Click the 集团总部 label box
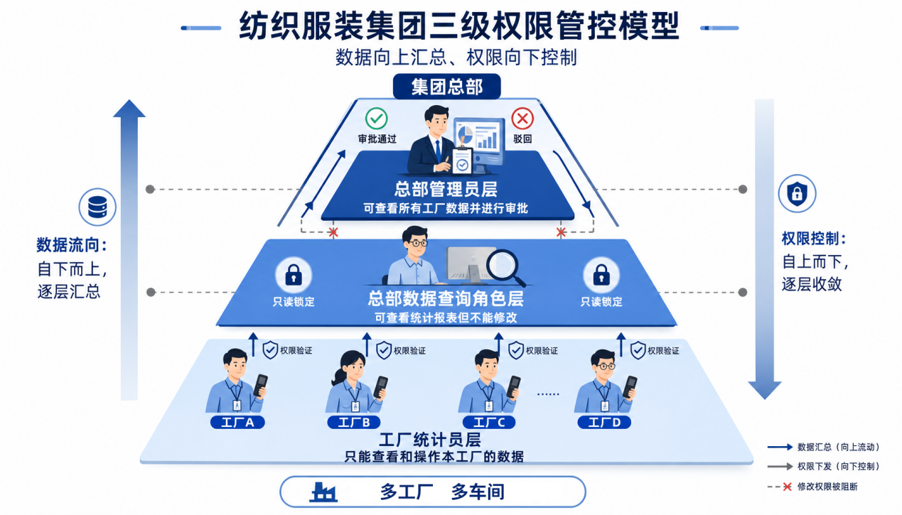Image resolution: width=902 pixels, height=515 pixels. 446,87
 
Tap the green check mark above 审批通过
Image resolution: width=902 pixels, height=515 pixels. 377,119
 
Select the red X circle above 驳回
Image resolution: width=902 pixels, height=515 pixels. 522,119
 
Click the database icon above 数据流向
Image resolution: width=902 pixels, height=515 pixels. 97,207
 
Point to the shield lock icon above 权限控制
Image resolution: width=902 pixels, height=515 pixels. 797,193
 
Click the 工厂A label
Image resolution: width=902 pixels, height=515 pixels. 237,422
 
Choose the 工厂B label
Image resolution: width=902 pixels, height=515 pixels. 354,422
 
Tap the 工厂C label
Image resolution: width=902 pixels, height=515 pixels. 489,422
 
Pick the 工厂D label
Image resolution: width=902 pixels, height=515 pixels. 604,422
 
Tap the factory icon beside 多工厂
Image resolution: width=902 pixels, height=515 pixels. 323,492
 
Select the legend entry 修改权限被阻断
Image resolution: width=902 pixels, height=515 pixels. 812,487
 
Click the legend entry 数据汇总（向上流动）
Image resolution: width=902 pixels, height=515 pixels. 824,447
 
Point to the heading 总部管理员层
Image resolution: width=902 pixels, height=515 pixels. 446,189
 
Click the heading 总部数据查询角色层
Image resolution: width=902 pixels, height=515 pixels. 446,298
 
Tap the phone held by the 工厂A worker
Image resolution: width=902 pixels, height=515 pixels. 261,385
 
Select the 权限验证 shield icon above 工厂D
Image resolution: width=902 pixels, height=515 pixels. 638,350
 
